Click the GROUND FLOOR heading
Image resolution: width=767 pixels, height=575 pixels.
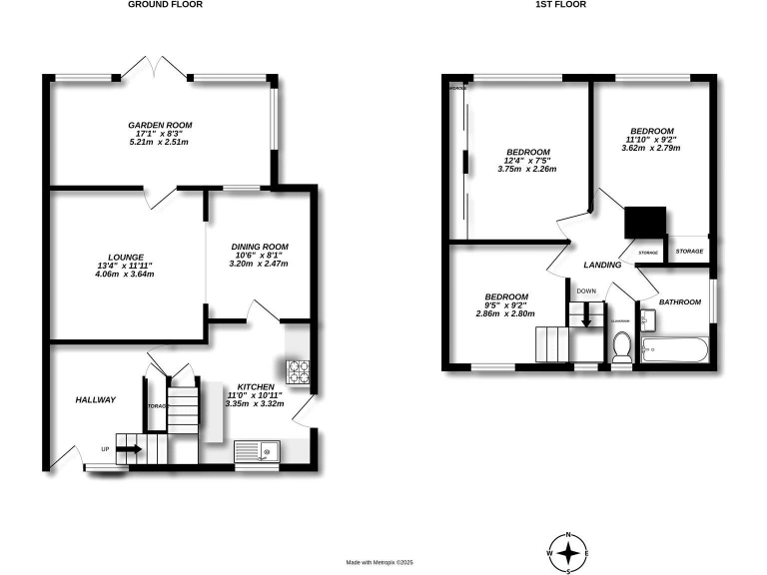pos(165,5)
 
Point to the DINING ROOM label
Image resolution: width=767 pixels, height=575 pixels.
pos(259,247)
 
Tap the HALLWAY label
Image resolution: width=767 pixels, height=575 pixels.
pos(96,399)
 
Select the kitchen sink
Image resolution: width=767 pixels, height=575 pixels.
pos(260,454)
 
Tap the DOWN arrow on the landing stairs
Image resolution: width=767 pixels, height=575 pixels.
pos(586,317)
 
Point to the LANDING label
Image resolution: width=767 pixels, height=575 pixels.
pos(602,265)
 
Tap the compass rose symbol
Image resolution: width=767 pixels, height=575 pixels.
pos(567,552)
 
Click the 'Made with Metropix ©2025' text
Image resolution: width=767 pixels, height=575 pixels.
pos(379,563)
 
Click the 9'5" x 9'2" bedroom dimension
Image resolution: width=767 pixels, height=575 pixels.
pos(506,305)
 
